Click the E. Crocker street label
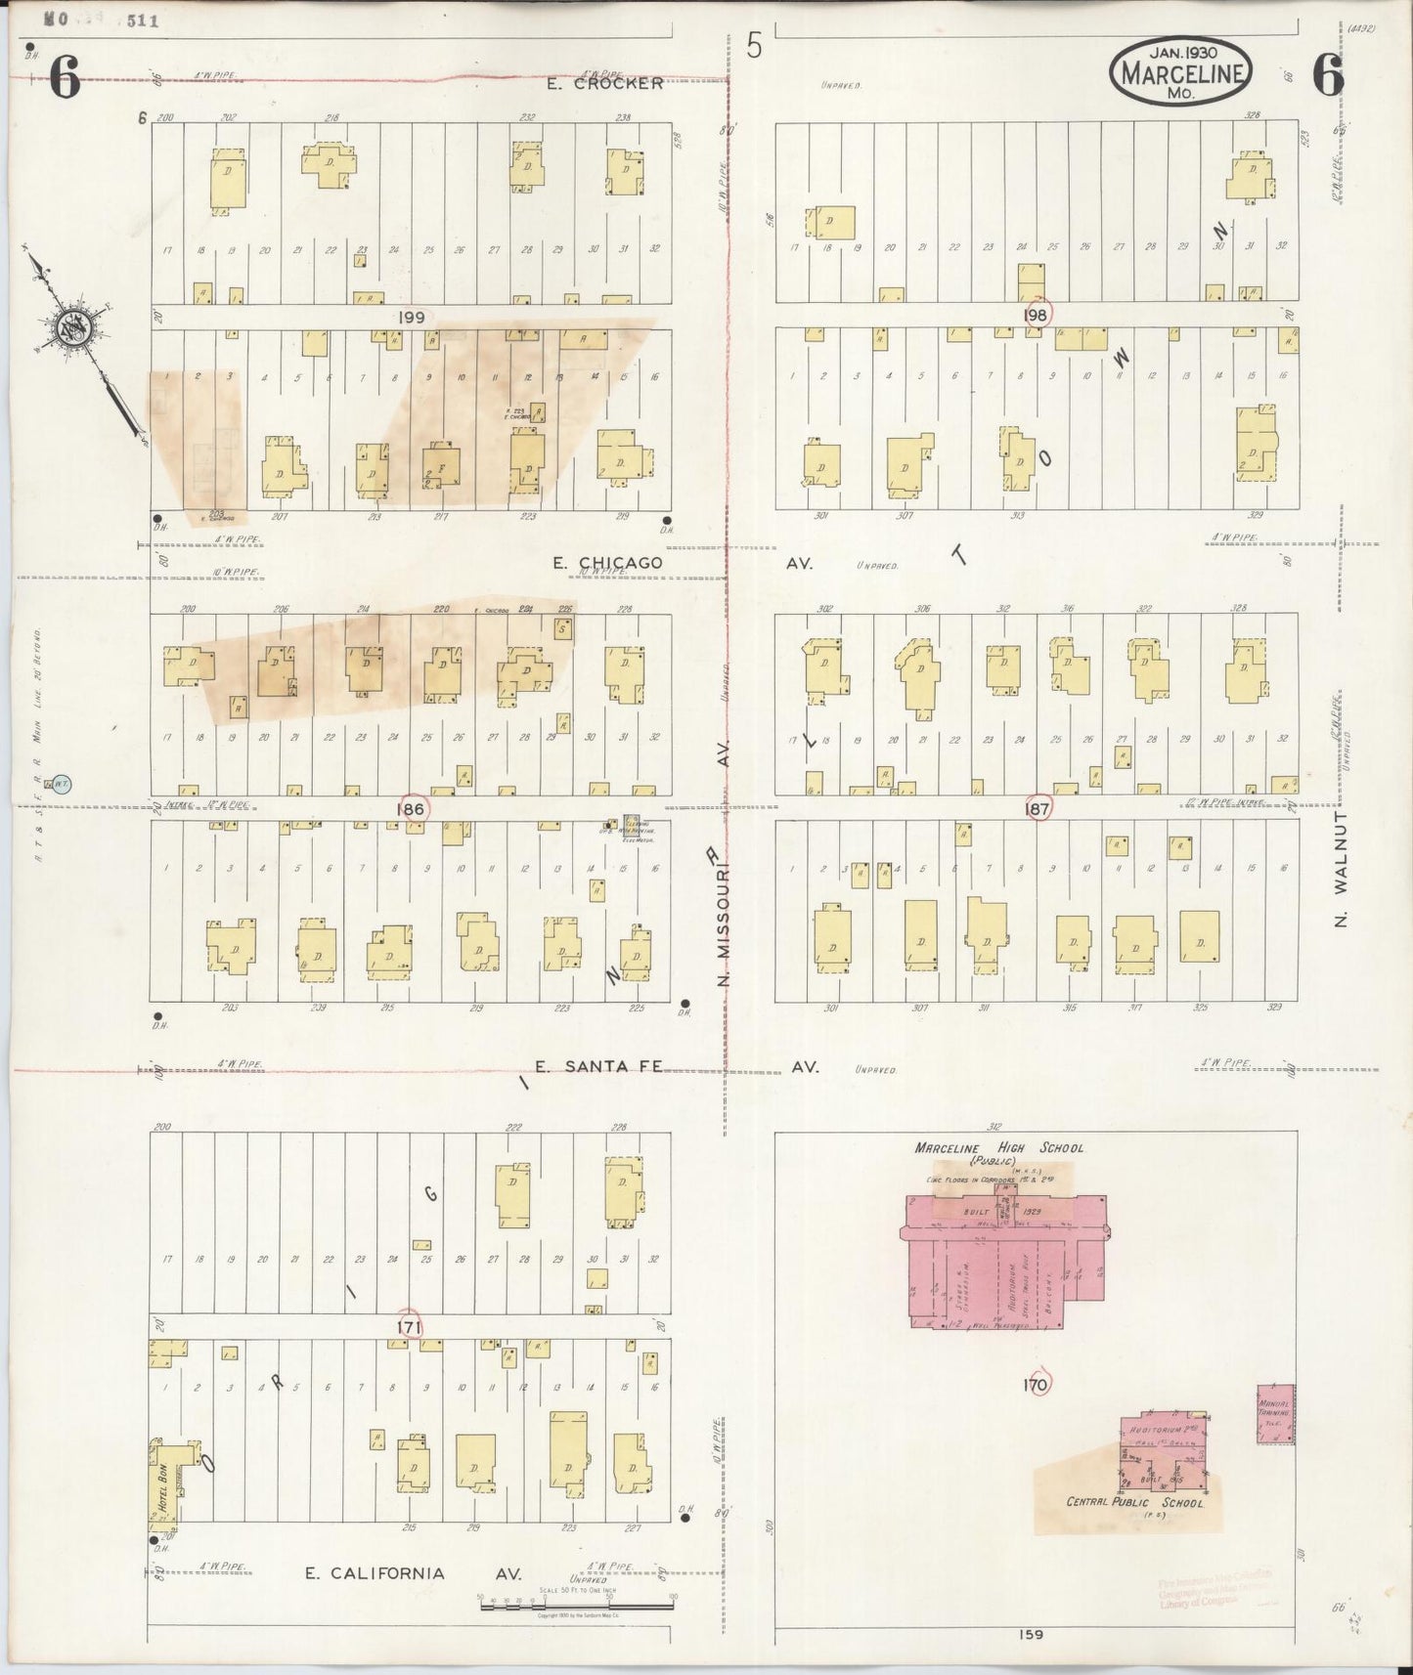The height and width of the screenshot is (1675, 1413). (604, 84)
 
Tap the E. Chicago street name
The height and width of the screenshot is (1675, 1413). (607, 563)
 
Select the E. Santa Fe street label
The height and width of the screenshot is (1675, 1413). (599, 1067)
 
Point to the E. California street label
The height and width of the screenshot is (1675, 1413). (375, 1572)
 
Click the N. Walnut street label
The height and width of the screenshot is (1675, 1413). (1342, 868)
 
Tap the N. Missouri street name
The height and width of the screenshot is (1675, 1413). (725, 914)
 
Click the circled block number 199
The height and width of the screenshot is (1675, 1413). (412, 318)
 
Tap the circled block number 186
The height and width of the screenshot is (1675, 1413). (411, 809)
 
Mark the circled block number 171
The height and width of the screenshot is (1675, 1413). (409, 1326)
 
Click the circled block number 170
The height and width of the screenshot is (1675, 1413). (1035, 1385)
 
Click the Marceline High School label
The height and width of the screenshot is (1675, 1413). (998, 1148)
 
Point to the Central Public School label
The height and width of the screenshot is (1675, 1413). (1134, 1502)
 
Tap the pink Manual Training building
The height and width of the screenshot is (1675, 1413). (1274, 1413)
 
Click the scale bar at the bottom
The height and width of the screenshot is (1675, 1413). (577, 1604)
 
